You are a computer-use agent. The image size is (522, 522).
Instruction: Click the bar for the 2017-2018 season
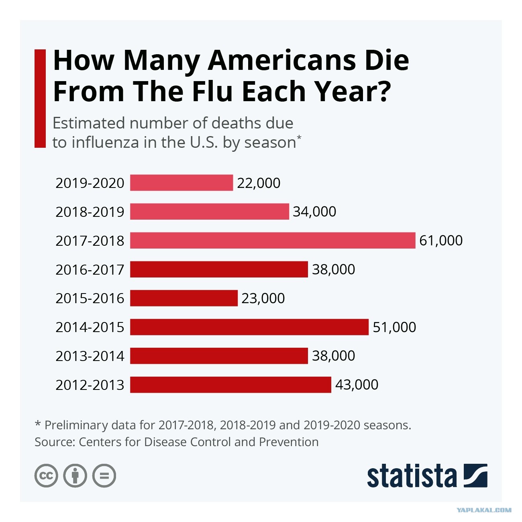coord(273,240)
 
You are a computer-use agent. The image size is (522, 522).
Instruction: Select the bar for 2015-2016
coord(184,298)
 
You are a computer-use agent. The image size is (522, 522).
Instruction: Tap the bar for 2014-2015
coord(249,327)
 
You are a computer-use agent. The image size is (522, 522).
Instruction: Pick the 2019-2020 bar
coord(181,183)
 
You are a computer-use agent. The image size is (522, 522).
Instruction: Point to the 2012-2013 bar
coord(230,385)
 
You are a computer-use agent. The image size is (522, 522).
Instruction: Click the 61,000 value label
coord(441,240)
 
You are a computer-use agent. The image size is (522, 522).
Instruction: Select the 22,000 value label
coord(259,183)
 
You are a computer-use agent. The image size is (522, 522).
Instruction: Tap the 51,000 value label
coord(394,327)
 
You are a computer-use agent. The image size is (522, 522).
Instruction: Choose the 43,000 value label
coord(357,385)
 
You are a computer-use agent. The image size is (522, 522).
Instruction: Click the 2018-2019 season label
coord(90,212)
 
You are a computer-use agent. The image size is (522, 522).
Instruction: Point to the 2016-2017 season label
coord(90,269)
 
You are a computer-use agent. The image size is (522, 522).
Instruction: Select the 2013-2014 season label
coord(90,356)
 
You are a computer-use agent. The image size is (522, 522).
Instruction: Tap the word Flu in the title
coord(212,91)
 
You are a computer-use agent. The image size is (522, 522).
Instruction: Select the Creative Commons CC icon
coord(46,476)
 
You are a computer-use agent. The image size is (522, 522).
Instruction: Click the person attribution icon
coord(75,476)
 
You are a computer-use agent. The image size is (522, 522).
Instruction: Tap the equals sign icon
coord(104,476)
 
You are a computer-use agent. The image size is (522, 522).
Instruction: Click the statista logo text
coord(412,476)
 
